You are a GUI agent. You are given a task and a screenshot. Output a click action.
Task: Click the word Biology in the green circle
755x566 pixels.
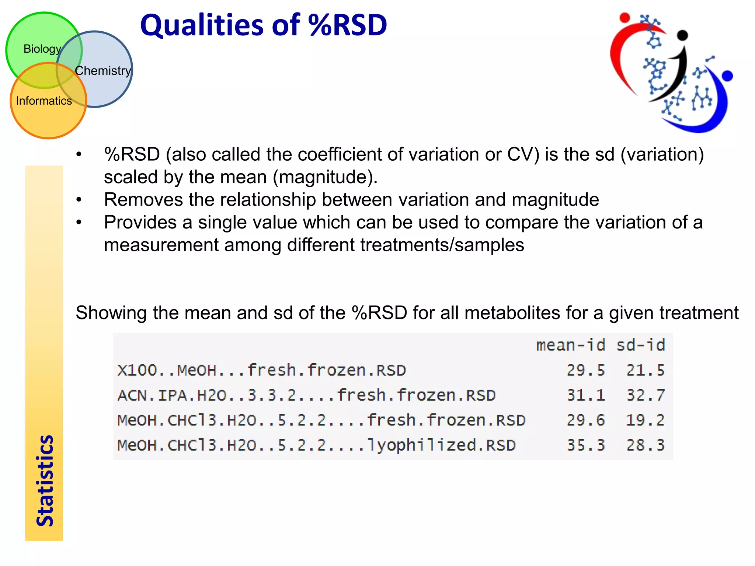42,49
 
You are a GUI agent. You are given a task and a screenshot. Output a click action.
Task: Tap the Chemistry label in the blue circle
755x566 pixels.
103,71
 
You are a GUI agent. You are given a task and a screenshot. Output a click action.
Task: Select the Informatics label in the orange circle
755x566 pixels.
44,101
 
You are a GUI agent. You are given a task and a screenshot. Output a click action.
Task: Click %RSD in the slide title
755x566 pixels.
348,25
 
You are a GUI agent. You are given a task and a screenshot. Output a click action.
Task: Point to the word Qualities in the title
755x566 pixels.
202,25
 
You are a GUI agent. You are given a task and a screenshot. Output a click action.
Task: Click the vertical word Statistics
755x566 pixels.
45,481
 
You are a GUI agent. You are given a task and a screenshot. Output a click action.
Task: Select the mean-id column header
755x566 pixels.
570,346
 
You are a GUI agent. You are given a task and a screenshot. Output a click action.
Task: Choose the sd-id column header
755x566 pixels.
641,346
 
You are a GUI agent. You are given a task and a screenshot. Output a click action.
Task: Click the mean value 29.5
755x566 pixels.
586,370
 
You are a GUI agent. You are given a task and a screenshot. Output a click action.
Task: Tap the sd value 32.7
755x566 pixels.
646,395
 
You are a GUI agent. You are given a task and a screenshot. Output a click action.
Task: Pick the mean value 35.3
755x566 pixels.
586,445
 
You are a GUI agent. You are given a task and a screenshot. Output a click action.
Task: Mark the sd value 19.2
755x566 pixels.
646,420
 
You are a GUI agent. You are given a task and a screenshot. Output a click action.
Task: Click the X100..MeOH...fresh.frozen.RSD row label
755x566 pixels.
262,370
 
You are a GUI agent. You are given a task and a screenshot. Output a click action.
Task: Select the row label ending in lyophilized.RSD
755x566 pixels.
316,445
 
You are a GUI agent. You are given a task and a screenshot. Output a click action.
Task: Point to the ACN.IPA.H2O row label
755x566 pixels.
306,395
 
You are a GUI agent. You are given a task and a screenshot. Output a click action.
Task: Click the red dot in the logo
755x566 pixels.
624,18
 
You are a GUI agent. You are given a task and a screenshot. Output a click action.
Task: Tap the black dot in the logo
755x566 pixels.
683,35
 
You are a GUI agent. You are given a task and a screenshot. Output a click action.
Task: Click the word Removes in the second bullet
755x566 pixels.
143,200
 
